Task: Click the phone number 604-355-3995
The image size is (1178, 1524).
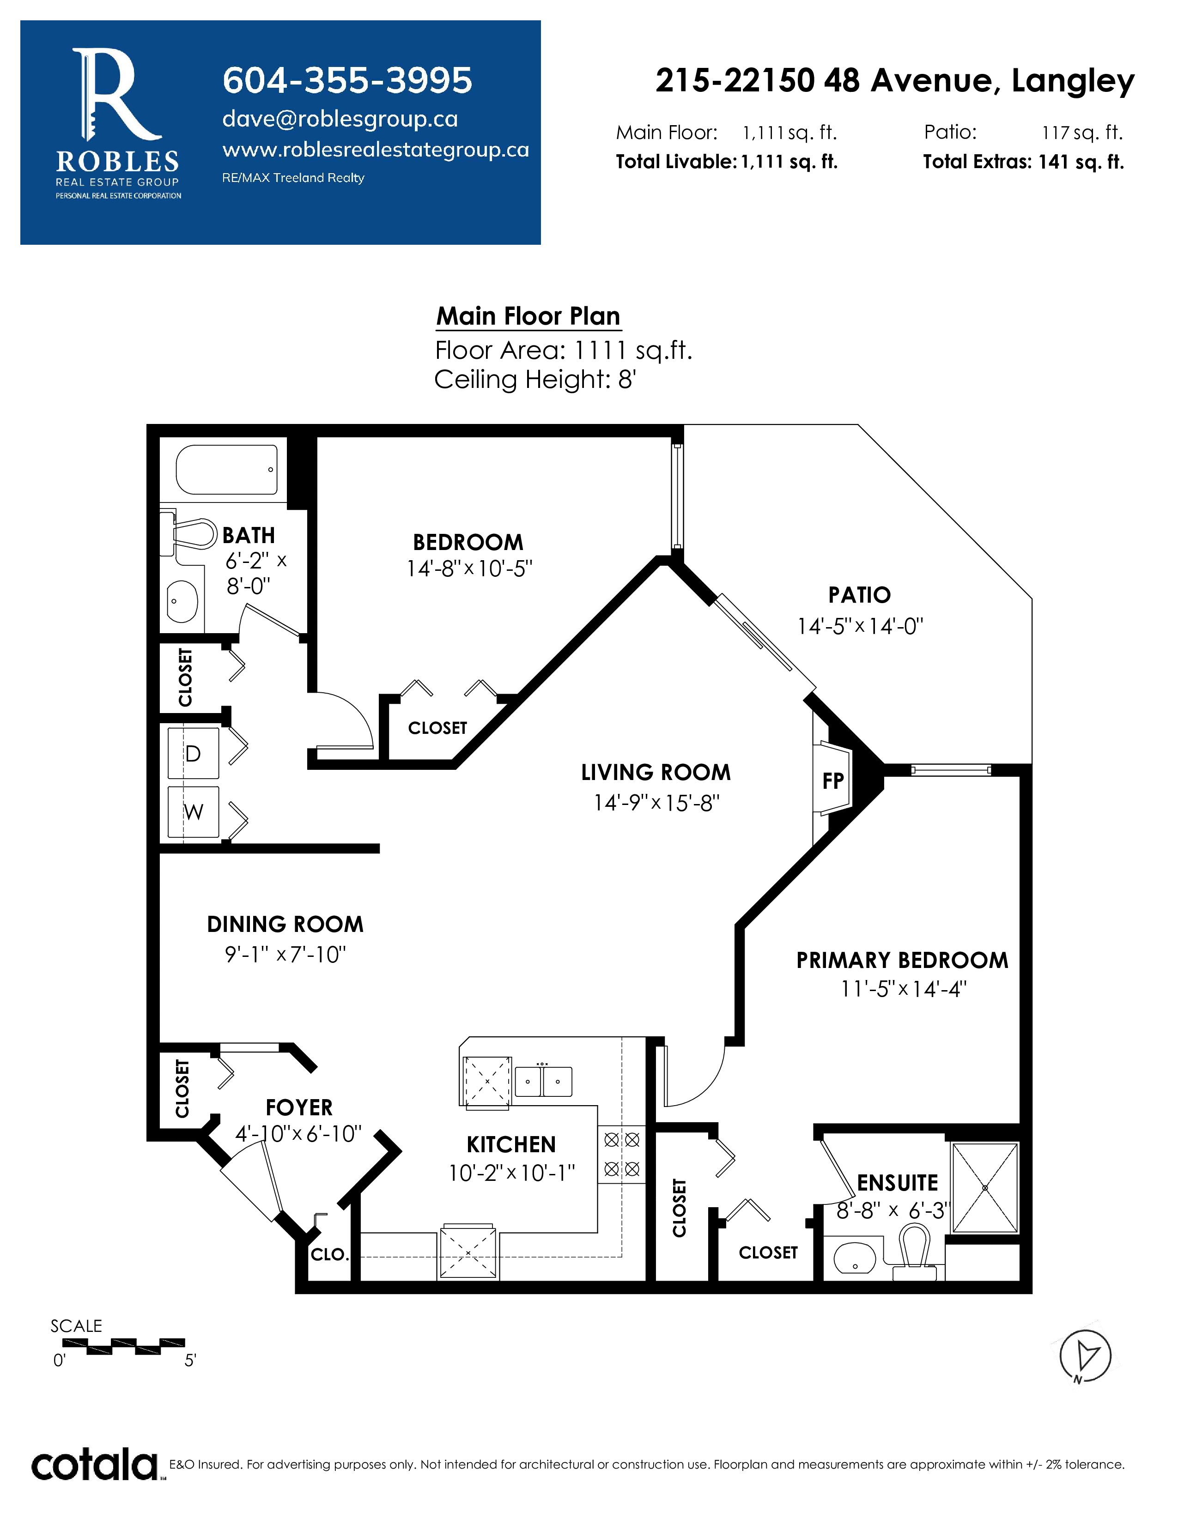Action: pos(347,80)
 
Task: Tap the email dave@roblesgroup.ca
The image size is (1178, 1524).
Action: pos(340,119)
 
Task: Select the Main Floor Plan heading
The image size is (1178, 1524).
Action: pos(528,316)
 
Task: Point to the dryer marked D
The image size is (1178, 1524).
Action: pos(193,753)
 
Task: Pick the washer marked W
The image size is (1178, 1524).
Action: pos(193,811)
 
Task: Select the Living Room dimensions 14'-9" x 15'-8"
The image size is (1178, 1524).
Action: pos(656,803)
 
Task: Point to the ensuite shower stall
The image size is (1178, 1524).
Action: pos(985,1188)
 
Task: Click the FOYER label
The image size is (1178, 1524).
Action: pos(299,1107)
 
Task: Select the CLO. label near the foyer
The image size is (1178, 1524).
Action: pos(329,1254)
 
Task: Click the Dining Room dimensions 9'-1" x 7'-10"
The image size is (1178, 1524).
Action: pos(285,954)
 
